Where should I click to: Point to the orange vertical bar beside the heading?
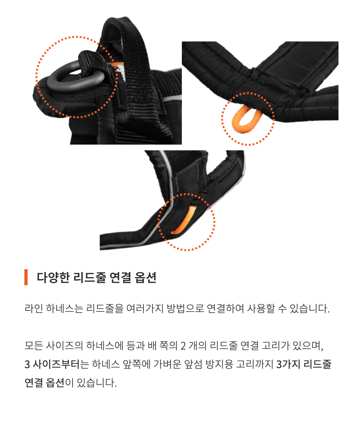(x=26, y=277)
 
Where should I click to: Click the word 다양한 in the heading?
(x=53, y=277)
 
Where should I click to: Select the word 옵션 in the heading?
(x=146, y=277)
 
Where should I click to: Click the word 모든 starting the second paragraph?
(x=34, y=346)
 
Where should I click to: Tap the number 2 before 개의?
(x=183, y=346)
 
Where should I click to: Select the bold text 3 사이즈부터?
(x=52, y=364)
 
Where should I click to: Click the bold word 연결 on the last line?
(x=34, y=383)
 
